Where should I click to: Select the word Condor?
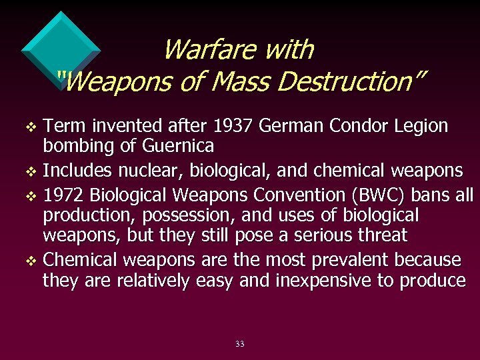click(354, 125)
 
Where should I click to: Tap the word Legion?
click(421, 125)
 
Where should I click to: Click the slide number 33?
click(240, 344)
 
